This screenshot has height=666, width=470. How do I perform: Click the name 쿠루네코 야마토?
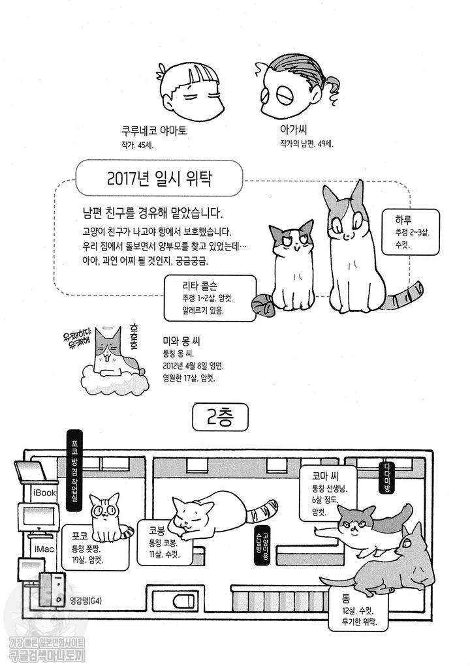coord(154,130)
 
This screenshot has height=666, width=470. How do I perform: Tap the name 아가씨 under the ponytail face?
coord(293,129)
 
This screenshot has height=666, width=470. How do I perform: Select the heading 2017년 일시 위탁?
coord(159,178)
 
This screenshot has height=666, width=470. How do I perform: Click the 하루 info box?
coord(410,232)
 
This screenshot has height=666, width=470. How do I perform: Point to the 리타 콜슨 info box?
coord(210,297)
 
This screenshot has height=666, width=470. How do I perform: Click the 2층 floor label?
coord(220,417)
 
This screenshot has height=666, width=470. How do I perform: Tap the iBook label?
coord(44,492)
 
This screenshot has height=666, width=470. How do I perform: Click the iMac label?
coord(44,549)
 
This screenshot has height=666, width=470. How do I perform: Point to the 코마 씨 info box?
coord(326,494)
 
